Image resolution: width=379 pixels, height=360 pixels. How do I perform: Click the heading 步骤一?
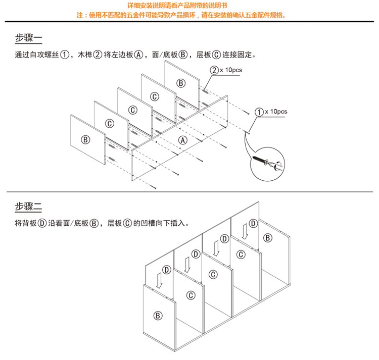pos(28,38)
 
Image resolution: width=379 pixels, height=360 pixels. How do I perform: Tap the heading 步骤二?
pos(28,206)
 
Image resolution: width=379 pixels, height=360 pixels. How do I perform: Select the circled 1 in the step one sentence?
pos(64,55)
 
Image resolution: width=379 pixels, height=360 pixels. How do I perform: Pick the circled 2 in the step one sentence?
pos(98,55)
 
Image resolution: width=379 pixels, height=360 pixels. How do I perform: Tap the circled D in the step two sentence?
pos(42,223)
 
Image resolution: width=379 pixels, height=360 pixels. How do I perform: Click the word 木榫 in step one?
pos(85,55)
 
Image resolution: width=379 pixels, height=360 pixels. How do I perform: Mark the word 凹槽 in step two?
pos(148,223)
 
